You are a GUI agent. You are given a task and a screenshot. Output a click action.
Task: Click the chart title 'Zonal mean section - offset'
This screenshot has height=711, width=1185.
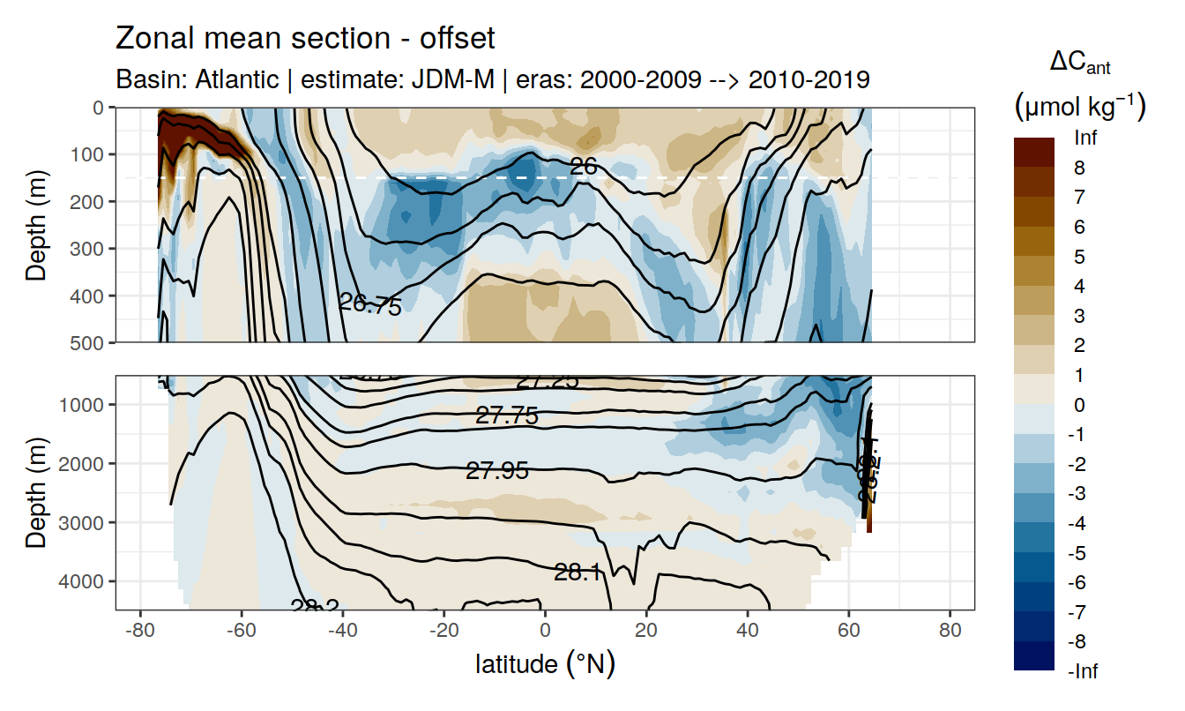pos(305,39)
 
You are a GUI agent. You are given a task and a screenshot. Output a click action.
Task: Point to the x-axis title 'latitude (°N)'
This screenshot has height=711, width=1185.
pos(545,663)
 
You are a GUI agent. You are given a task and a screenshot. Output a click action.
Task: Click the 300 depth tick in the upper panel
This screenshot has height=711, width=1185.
pos(90,249)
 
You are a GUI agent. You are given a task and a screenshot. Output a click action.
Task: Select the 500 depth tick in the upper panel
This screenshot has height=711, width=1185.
pos(90,342)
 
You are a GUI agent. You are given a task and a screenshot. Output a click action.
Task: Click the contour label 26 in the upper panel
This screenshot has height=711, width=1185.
pos(583,165)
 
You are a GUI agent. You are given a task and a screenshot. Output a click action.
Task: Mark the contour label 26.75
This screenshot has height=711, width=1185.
pos(370,305)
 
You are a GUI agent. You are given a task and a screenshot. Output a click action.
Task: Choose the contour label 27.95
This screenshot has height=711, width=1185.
pos(497,471)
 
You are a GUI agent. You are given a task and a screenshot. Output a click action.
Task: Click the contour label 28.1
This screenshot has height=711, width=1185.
pos(578,573)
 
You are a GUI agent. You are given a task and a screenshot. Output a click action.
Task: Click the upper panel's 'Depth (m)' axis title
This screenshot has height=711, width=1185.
pos(37,225)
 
